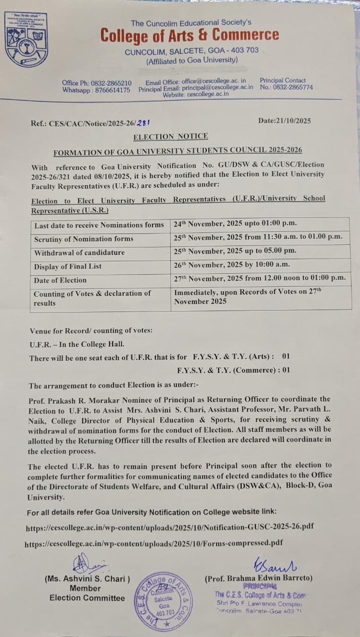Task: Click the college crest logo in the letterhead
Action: (27, 40)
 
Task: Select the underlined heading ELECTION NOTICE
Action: (171, 136)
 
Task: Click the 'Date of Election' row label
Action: (60, 280)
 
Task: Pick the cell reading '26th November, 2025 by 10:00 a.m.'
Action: (232, 265)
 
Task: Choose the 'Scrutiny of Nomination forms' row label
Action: (84, 239)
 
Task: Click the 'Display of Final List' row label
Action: (68, 267)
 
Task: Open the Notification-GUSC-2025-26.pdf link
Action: (170, 527)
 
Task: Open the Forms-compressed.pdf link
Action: (154, 543)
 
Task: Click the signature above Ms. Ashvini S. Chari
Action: (88, 564)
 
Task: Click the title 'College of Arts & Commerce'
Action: (189, 35)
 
